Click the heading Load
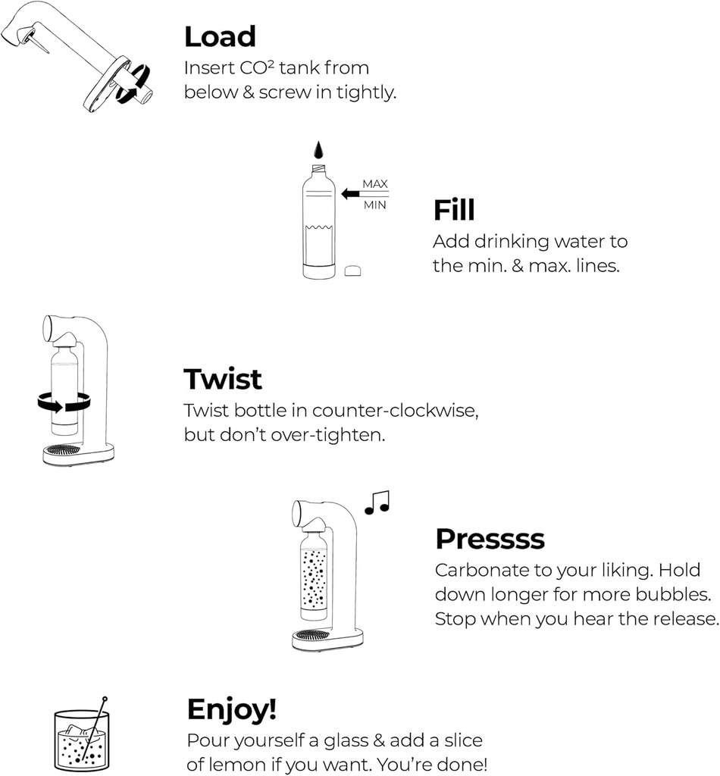coord(220,36)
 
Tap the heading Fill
coord(454,210)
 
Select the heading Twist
coord(223,379)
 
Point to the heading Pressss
coord(490,539)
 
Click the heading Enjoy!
coord(232,709)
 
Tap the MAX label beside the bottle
coord(374,184)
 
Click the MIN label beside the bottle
coord(374,205)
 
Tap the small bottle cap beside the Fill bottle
coord(352,271)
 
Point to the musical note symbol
coord(377,502)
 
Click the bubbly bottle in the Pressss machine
coord(314,572)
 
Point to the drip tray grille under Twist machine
coord(63,449)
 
